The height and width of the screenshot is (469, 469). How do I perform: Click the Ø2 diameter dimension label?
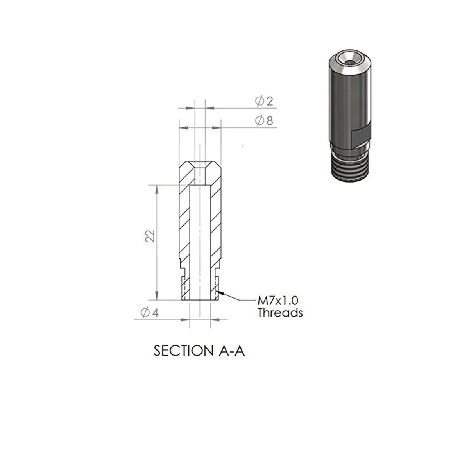(264, 102)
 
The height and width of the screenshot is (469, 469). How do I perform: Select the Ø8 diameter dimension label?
(264, 121)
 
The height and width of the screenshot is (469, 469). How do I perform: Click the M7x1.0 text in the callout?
(277, 301)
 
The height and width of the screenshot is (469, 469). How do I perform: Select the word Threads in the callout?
(280, 313)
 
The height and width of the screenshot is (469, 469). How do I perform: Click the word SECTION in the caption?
(182, 351)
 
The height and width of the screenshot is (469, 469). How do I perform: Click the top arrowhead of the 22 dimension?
(157, 189)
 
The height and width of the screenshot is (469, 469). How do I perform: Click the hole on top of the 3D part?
(346, 59)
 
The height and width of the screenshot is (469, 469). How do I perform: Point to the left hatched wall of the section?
(184, 227)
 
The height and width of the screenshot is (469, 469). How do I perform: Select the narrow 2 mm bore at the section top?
(200, 175)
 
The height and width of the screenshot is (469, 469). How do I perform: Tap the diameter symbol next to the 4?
(144, 313)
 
